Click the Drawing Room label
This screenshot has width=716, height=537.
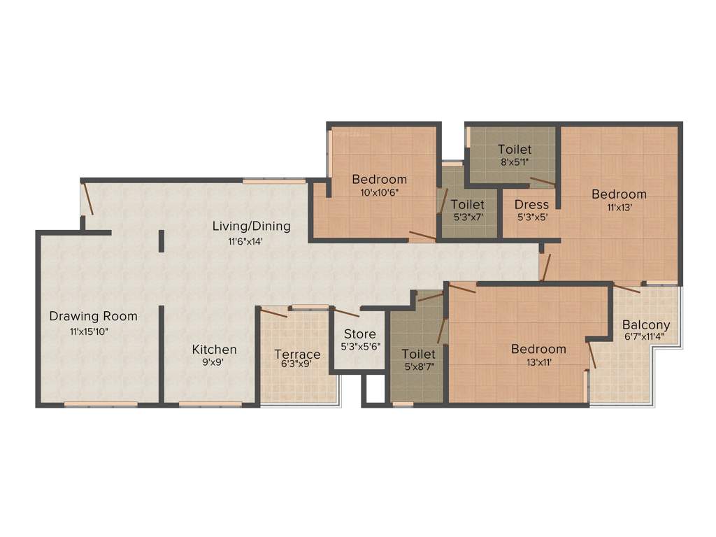coord(93,316)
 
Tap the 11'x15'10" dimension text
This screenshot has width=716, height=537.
coord(93,331)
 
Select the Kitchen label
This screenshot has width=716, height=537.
coord(215,349)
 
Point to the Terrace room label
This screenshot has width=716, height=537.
coord(297,354)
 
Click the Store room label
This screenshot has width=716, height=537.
coord(360,334)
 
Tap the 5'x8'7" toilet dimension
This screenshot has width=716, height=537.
coord(419,366)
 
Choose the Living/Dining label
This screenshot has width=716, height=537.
coord(252,227)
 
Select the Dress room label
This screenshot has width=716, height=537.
coord(531,204)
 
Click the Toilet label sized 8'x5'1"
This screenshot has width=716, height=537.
coord(515,149)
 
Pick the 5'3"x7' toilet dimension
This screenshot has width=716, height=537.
coord(468,217)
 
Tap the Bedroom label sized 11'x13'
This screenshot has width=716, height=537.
coord(619,194)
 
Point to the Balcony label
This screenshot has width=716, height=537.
coord(646,324)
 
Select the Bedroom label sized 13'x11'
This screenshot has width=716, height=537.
coord(538,349)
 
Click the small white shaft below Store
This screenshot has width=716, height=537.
coord(375,389)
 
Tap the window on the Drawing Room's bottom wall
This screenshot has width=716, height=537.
coord(101,404)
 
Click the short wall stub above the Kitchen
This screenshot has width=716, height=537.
coord(162,241)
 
